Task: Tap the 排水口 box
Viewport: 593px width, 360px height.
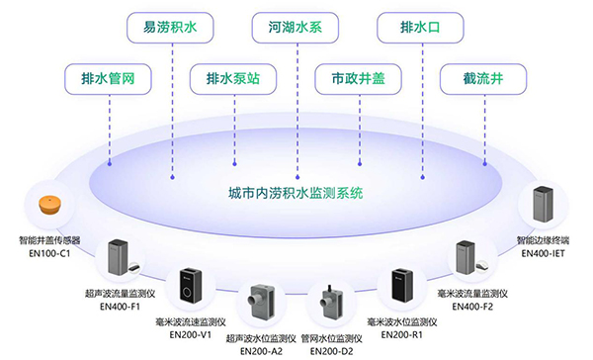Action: click(410, 28)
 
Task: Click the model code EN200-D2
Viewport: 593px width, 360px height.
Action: click(326, 350)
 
